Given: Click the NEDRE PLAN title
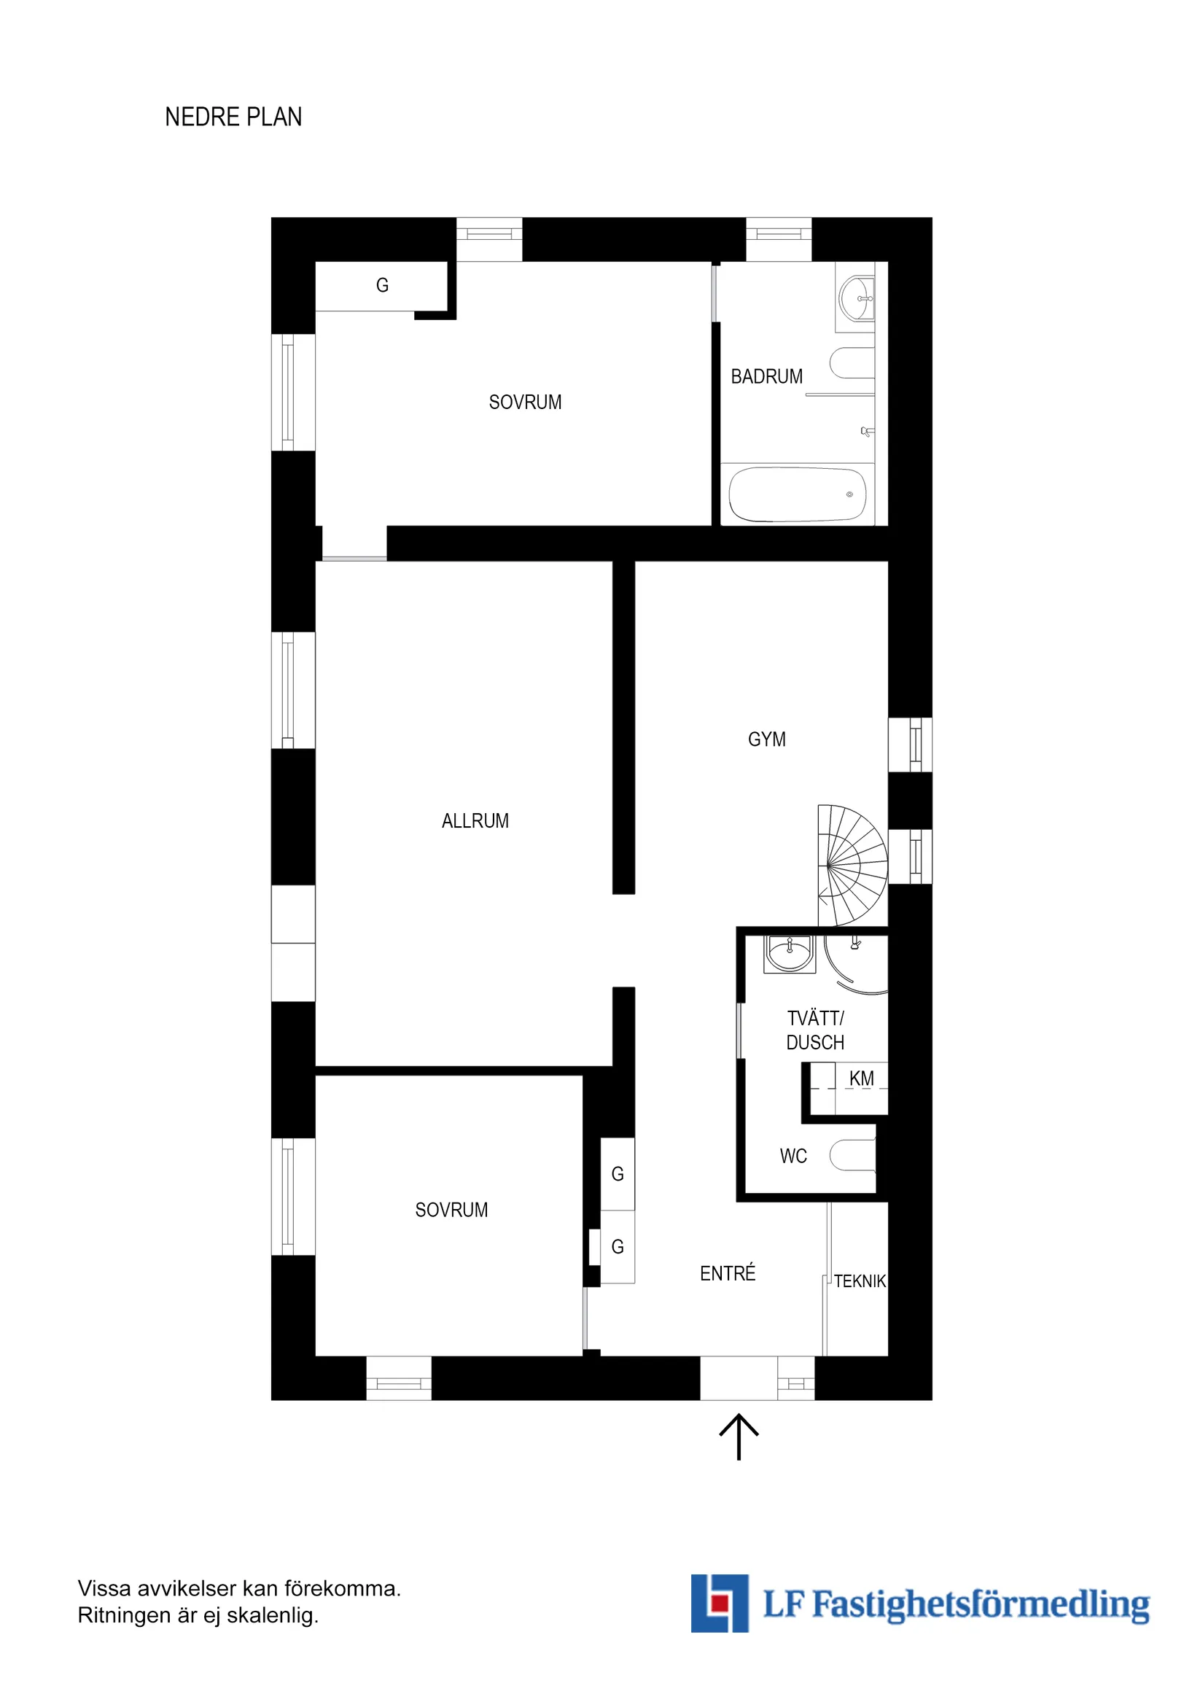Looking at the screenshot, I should coord(233,117).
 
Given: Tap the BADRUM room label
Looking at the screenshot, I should coord(766,376).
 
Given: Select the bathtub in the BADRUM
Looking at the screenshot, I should coord(797,494).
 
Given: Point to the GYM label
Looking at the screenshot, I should coord(766,739).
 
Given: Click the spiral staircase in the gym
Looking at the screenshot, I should coord(852,865).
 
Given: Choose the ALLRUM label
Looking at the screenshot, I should coord(475,820).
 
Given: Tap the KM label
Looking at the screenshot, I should coord(861,1079).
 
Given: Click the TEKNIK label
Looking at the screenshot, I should coord(860,1281).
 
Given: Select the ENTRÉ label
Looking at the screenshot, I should coord(727,1273).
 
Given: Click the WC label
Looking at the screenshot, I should coord(793,1156).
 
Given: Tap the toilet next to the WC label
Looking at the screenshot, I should coord(852,1155).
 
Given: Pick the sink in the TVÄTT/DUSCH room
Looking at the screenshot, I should coord(790,953).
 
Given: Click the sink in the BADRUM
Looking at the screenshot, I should coord(857,298).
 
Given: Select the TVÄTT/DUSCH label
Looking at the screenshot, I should coord(815,1030).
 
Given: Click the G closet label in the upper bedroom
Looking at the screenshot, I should coord(383,285).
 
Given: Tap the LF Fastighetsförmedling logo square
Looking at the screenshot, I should coord(719,1604).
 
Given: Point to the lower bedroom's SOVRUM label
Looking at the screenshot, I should coord(451,1210).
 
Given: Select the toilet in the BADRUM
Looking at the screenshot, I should coord(852,363).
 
